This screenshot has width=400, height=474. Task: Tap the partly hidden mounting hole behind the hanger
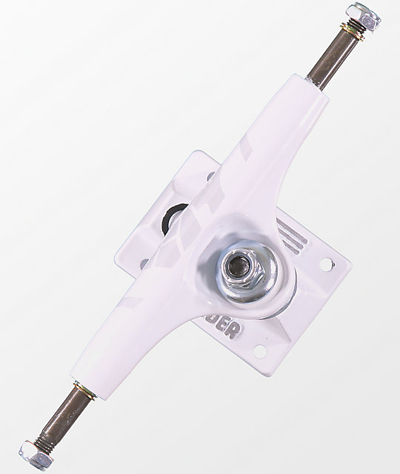pyautogui.click(x=209, y=176)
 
